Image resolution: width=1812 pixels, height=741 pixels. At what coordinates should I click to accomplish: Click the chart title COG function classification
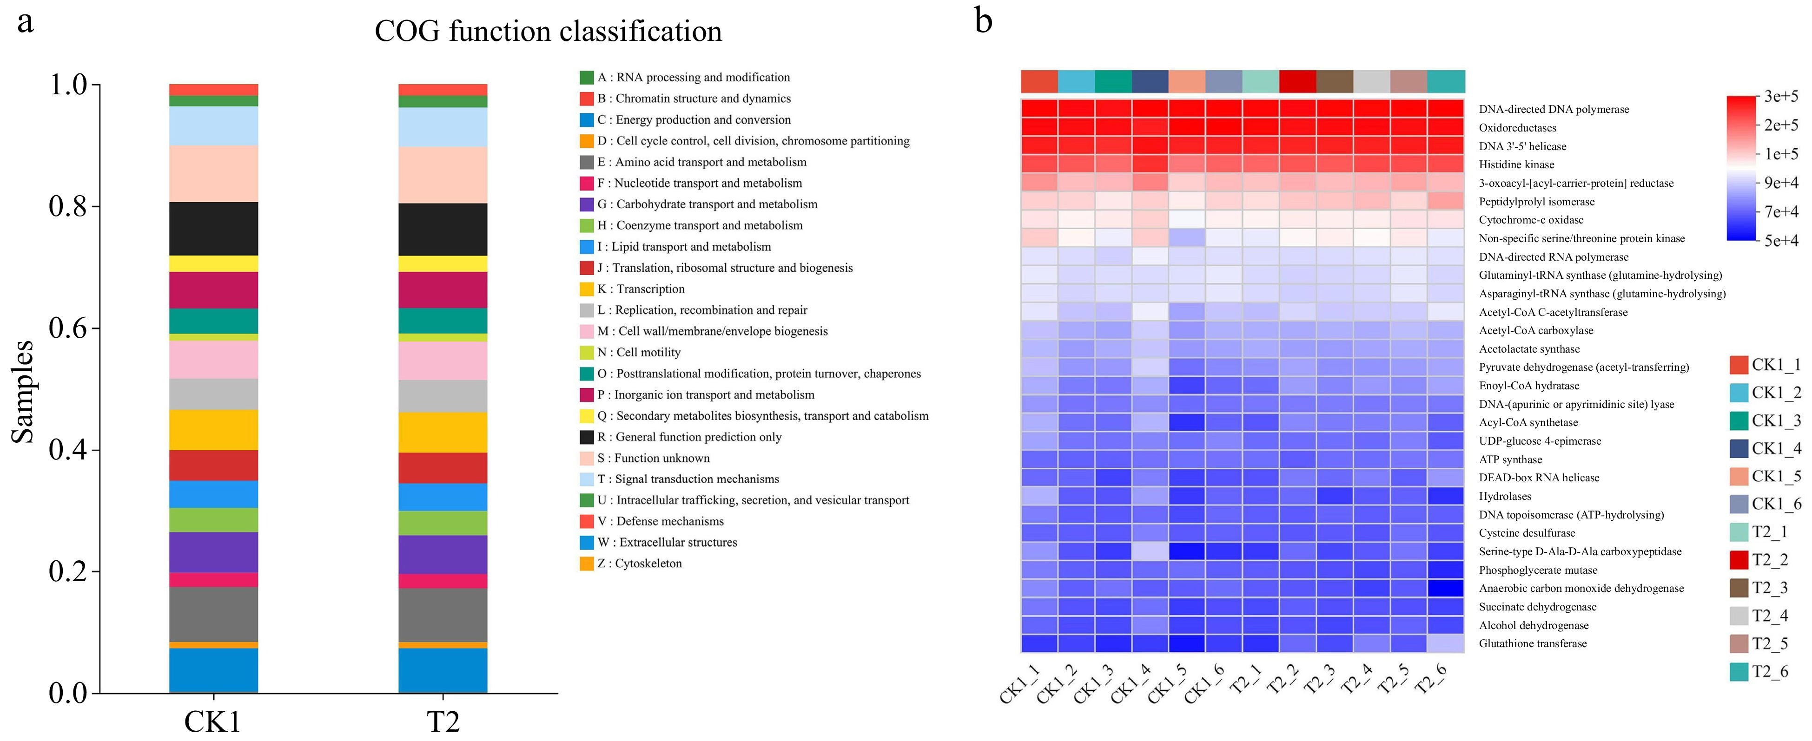(548, 32)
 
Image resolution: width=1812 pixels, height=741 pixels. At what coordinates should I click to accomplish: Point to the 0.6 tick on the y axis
(68, 328)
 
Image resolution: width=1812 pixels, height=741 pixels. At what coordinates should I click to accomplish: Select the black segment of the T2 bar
(443, 229)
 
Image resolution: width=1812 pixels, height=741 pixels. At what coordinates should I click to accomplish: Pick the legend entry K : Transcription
(640, 289)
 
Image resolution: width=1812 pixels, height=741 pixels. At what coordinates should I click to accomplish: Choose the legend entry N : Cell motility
(638, 352)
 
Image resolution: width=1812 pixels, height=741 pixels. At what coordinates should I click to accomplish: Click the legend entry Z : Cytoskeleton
(639, 563)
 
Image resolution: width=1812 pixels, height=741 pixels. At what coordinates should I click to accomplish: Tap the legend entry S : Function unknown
(653, 458)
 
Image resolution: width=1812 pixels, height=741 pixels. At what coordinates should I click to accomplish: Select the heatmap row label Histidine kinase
(1516, 164)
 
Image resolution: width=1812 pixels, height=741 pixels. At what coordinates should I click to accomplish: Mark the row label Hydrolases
(1505, 496)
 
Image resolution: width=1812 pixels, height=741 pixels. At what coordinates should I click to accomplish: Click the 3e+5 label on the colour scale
(1780, 96)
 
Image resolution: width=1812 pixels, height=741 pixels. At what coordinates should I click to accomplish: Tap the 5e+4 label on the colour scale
(1780, 241)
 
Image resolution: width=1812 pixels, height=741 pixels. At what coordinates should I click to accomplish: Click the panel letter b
(983, 21)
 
